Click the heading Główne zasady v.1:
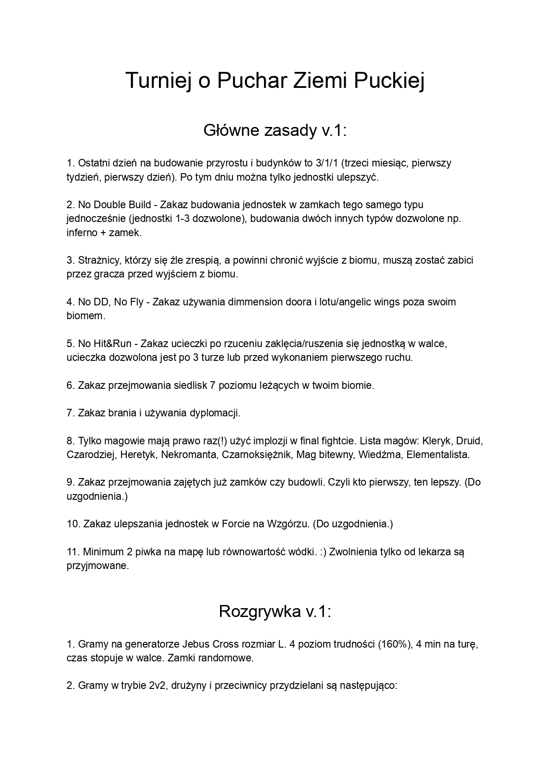pyautogui.click(x=275, y=130)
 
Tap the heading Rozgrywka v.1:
pyautogui.click(x=275, y=611)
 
